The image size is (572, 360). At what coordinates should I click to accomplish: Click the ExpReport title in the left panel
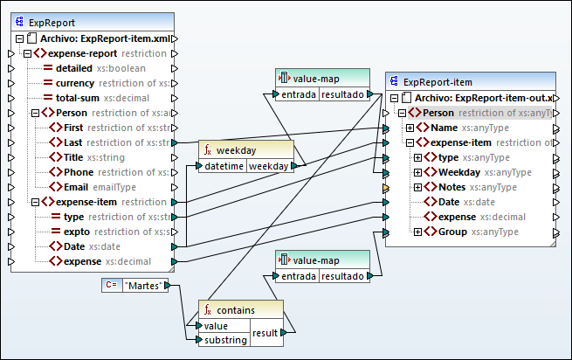click(x=52, y=22)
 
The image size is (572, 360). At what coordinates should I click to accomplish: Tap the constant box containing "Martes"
click(x=145, y=285)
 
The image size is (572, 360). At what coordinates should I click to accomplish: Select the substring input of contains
click(x=226, y=340)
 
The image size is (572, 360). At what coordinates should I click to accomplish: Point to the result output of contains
click(x=265, y=333)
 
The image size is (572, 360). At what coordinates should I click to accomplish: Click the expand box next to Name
click(x=410, y=128)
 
